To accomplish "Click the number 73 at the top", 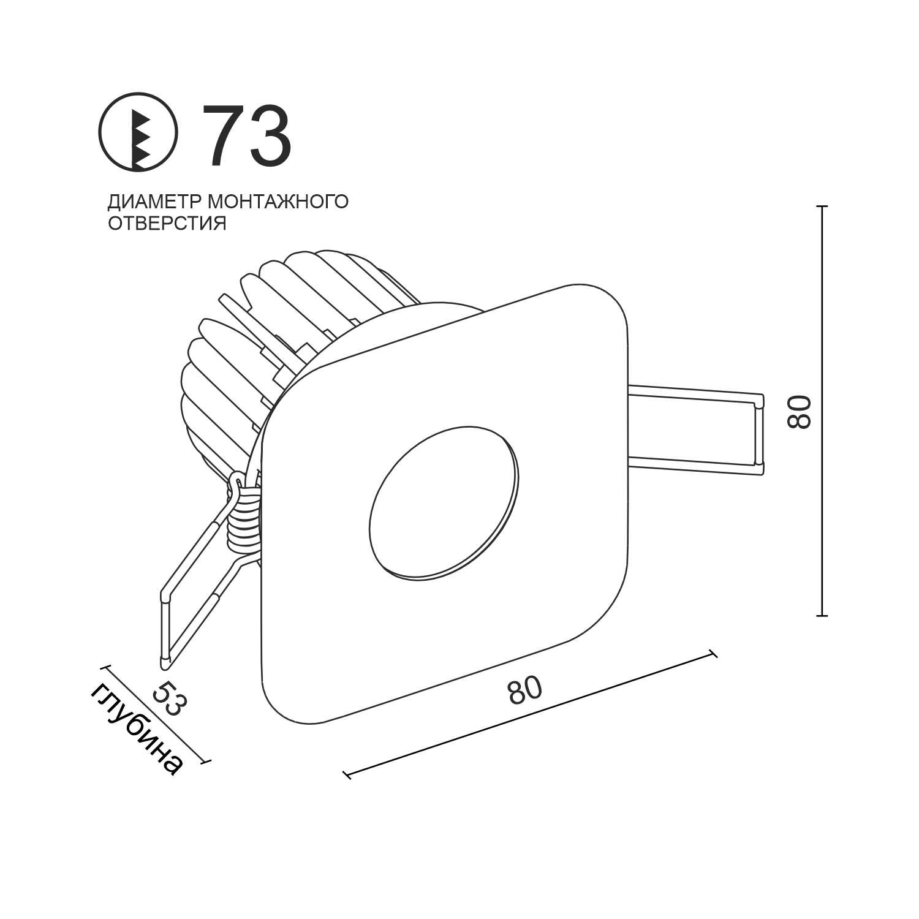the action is [247, 136].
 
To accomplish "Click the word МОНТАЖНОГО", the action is [279, 202].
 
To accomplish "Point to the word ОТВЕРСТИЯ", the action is [167, 223].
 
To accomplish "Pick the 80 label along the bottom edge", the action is [525, 690].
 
